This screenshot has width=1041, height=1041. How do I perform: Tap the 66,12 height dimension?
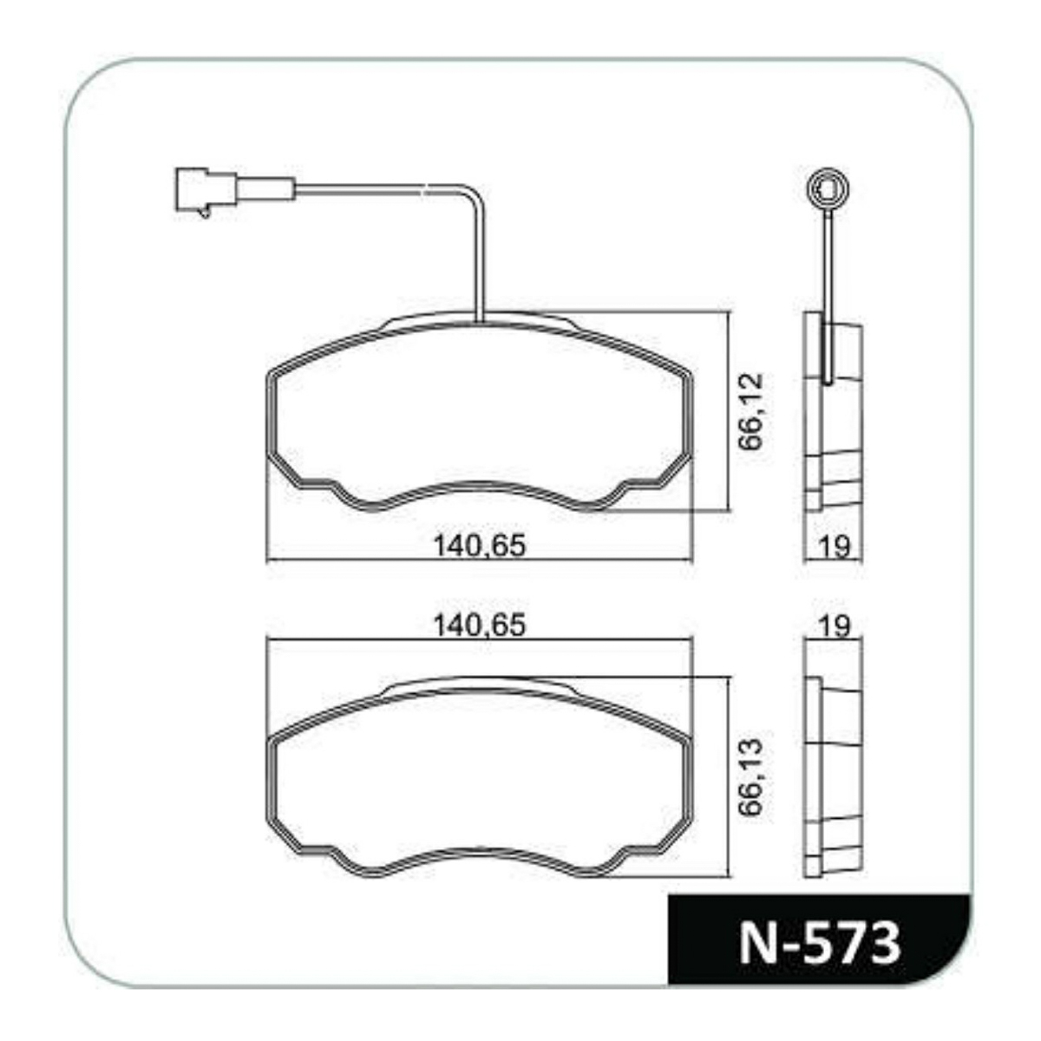751,411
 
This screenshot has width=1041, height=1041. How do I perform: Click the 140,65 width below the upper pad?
480,546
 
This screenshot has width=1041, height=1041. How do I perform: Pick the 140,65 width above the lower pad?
480,625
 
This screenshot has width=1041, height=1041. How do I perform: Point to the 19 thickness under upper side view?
835,547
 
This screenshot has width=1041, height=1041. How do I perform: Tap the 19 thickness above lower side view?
835,626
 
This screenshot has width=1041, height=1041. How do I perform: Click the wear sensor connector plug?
206,190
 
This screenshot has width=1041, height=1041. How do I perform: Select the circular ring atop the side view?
827,190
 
